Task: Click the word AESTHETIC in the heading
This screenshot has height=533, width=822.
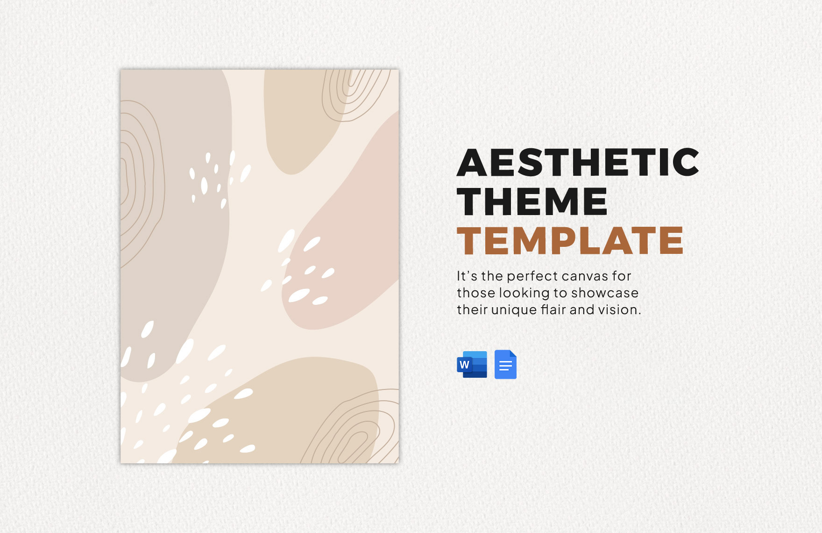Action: (578, 162)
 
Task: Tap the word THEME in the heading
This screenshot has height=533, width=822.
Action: (532, 202)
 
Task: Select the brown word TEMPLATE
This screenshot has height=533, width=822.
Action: (570, 241)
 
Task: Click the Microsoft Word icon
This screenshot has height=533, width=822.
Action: (472, 364)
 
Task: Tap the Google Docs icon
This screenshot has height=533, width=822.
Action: (505, 364)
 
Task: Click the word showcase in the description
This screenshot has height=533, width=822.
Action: (605, 293)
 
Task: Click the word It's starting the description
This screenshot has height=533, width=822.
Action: (467, 276)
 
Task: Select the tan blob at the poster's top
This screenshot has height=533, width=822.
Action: (304, 117)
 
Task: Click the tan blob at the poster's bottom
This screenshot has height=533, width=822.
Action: (280, 411)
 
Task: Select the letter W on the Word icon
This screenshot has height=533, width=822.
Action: (464, 365)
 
